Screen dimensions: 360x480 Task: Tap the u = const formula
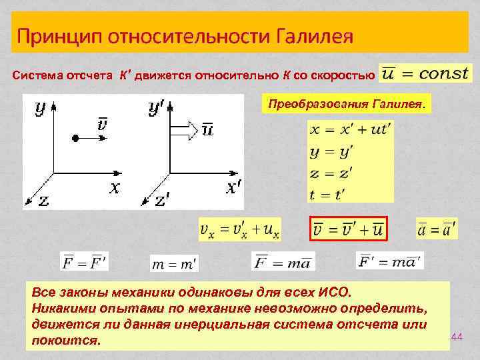(x=425, y=73)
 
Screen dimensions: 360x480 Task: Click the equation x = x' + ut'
(x=350, y=130)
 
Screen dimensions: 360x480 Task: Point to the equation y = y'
(x=331, y=152)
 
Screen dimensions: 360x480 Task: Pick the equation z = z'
(x=331, y=173)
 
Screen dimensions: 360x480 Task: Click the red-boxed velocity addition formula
(x=349, y=230)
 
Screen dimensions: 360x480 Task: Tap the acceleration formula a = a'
(x=436, y=230)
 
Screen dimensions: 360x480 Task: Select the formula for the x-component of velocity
(x=240, y=230)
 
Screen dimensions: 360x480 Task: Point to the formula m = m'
(x=174, y=265)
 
